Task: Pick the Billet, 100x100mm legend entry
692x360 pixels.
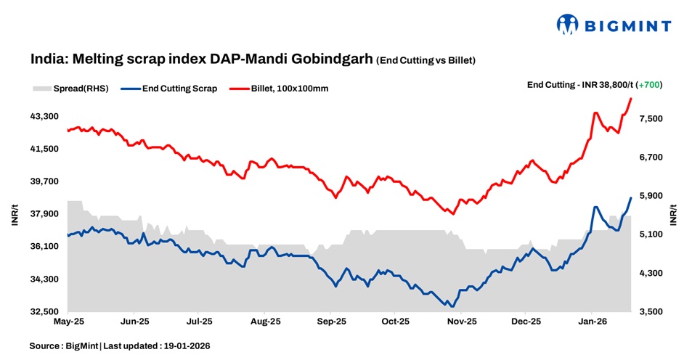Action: (282, 89)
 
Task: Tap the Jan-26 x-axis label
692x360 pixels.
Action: (593, 320)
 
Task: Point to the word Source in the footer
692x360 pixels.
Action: (44, 346)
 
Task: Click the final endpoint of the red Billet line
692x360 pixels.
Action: (631, 98)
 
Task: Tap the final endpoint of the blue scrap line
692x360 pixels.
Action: (631, 197)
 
